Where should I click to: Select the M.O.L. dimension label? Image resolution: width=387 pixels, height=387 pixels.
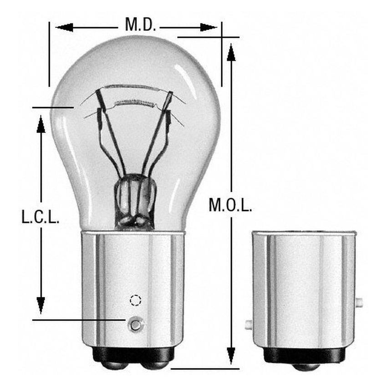pyautogui.click(x=230, y=205)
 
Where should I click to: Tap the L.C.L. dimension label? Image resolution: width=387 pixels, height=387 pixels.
pyautogui.click(x=41, y=217)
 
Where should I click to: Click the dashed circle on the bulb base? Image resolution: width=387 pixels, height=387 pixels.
pyautogui.click(x=136, y=300)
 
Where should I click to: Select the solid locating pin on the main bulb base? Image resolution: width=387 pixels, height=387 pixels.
pyautogui.click(x=135, y=324)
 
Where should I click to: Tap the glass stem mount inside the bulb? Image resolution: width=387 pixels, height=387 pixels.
pyautogui.click(x=135, y=200)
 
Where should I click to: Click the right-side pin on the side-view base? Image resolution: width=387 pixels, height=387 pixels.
pyautogui.click(x=359, y=302)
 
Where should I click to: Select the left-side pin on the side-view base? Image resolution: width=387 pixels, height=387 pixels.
pyautogui.click(x=249, y=325)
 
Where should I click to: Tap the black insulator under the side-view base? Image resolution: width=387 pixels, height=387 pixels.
pyautogui.click(x=304, y=355)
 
